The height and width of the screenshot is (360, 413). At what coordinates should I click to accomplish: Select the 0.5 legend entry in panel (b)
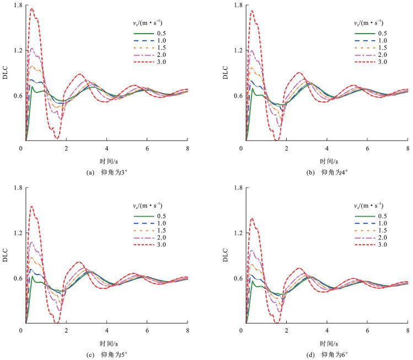[371, 34]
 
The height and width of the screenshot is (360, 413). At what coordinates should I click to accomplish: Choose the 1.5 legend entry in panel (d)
[371, 230]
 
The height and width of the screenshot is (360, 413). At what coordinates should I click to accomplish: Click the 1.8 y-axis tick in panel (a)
[18, 5]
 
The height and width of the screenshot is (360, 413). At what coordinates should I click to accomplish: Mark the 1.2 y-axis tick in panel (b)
[239, 50]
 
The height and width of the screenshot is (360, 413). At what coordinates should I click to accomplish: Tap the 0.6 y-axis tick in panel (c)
[18, 278]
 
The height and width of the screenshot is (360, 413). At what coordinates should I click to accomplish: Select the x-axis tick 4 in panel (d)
[327, 330]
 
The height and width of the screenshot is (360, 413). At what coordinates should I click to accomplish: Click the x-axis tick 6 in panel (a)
[147, 148]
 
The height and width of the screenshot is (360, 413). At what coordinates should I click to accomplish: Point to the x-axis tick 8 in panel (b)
[407, 148]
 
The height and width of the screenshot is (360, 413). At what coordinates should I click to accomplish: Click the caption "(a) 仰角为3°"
[107, 173]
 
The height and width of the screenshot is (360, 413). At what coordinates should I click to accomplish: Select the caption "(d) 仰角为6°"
[327, 355]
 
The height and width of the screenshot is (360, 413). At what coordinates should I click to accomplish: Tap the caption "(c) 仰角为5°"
[107, 355]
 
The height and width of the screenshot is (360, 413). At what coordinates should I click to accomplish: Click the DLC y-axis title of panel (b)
[226, 73]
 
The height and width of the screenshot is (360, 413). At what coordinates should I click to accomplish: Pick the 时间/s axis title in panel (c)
[109, 343]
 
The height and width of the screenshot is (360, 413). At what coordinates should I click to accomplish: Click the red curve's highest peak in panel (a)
[32, 8]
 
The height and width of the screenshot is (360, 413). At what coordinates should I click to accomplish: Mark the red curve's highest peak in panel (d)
[252, 218]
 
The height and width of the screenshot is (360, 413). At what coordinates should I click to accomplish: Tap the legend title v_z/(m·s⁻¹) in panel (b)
[368, 23]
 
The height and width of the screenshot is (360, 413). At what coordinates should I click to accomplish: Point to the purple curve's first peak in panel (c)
[32, 242]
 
